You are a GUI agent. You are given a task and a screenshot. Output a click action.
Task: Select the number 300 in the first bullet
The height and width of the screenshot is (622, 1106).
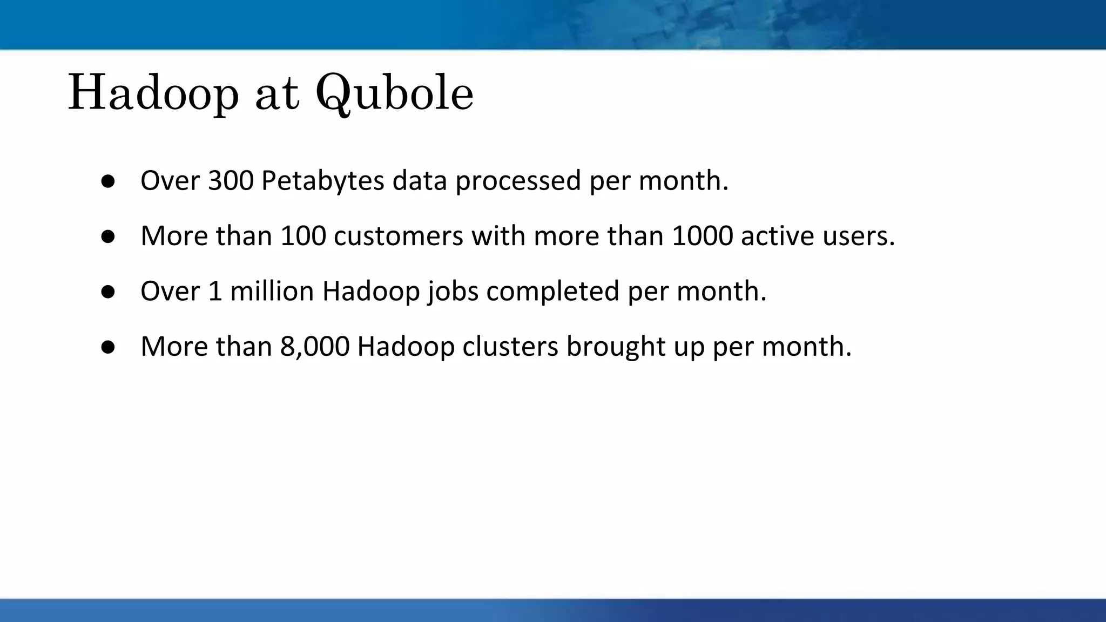point(231,181)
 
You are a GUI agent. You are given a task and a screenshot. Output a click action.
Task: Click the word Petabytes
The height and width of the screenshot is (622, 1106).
point(322,181)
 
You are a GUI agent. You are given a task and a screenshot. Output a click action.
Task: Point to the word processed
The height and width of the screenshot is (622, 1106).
point(518,181)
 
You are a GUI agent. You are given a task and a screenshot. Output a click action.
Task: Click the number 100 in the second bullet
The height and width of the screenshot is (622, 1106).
point(303,236)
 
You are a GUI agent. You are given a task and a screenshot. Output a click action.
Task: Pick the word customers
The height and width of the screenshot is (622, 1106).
point(399,236)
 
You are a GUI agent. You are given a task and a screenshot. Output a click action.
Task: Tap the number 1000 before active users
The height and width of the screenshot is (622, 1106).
point(702,236)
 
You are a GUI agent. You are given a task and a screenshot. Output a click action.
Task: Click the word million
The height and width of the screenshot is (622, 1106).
point(272,292)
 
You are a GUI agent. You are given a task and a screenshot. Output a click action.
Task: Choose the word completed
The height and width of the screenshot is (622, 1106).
point(552,292)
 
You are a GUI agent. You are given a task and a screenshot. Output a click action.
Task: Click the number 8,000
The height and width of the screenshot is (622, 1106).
point(314,347)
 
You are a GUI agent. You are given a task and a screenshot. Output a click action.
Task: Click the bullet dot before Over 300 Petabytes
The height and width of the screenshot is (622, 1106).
point(108,182)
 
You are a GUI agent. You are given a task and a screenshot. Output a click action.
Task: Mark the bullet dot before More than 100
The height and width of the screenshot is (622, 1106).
point(108,237)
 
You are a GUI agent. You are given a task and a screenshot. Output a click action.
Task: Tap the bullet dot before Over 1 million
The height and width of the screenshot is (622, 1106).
point(108,292)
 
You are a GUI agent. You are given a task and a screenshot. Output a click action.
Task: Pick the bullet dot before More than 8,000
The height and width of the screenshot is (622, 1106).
point(108,348)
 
